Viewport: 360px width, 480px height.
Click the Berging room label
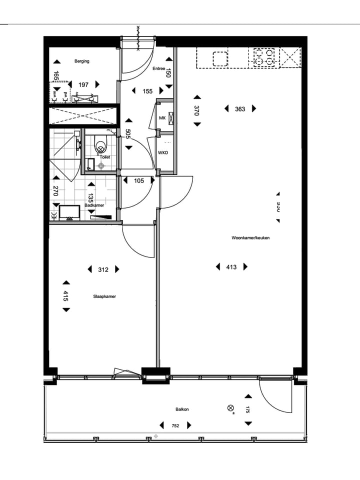[82, 61]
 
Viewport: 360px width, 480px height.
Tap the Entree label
[159, 69]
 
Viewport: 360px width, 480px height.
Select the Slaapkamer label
[104, 296]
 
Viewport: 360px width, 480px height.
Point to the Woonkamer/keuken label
[250, 238]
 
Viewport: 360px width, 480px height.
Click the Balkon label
[182, 409]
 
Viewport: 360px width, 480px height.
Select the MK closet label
[162, 118]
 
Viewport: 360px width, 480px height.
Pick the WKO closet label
[163, 153]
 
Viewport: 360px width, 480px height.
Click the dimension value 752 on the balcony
[175, 425]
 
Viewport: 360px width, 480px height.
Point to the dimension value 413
[231, 267]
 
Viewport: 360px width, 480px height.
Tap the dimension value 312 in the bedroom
[103, 269]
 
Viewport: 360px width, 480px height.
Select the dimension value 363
[240, 109]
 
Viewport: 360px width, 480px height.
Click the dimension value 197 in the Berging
[83, 85]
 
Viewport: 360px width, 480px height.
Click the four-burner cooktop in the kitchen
[265, 57]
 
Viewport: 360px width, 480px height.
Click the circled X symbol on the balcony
[230, 408]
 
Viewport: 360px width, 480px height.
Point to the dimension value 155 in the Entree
[147, 91]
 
